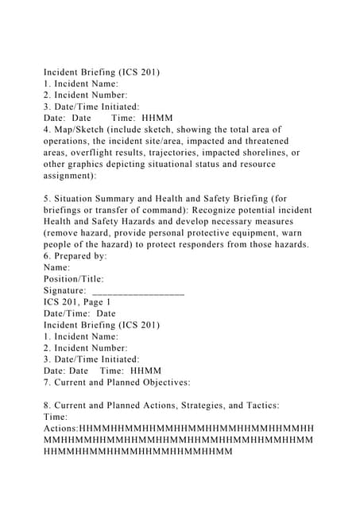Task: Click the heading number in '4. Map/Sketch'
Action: click(47, 129)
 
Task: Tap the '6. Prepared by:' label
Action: click(75, 256)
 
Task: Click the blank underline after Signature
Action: click(138, 293)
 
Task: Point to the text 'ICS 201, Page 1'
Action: click(77, 302)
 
